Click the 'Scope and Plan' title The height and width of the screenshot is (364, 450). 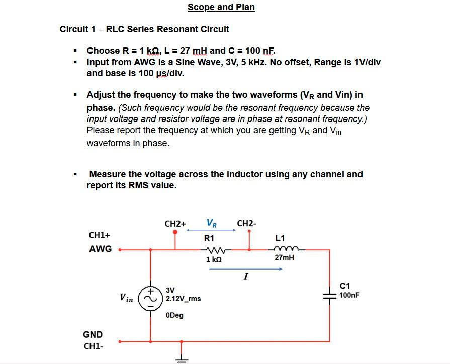(221, 7)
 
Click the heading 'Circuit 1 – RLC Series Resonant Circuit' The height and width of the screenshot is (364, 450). (144, 29)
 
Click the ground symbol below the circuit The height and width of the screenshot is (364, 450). (182, 357)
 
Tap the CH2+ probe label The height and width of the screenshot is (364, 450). (175, 223)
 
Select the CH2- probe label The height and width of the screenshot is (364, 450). (246, 223)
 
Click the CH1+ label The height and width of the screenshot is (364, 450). (99, 235)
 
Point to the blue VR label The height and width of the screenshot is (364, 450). (212, 222)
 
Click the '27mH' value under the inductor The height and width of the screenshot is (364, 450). (284, 257)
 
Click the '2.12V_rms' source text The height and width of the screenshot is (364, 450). (183, 298)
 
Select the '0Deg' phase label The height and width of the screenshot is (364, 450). (174, 315)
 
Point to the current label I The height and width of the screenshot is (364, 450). (245, 277)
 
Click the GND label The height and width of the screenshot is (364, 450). (93, 334)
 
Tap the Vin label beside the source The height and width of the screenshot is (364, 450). (126, 298)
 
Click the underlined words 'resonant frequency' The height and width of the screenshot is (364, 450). (279, 108)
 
